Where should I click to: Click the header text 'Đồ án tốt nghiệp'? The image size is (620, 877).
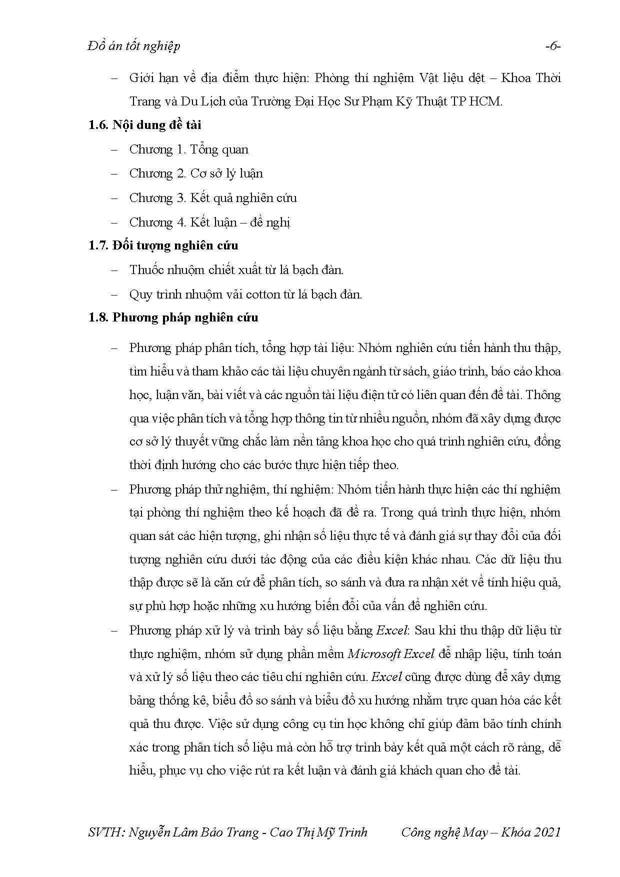[133, 46]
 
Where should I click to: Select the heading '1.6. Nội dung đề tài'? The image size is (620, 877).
[144, 125]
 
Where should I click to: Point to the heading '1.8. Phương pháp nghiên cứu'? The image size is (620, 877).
[173, 317]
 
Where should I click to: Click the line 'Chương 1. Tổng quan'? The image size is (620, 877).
[188, 149]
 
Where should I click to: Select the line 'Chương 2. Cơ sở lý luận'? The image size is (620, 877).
[195, 173]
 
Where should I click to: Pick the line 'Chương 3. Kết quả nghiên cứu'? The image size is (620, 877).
[213, 198]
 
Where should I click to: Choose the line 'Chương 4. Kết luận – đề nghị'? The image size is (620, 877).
[209, 222]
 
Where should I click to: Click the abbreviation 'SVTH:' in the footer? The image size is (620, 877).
[105, 832]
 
